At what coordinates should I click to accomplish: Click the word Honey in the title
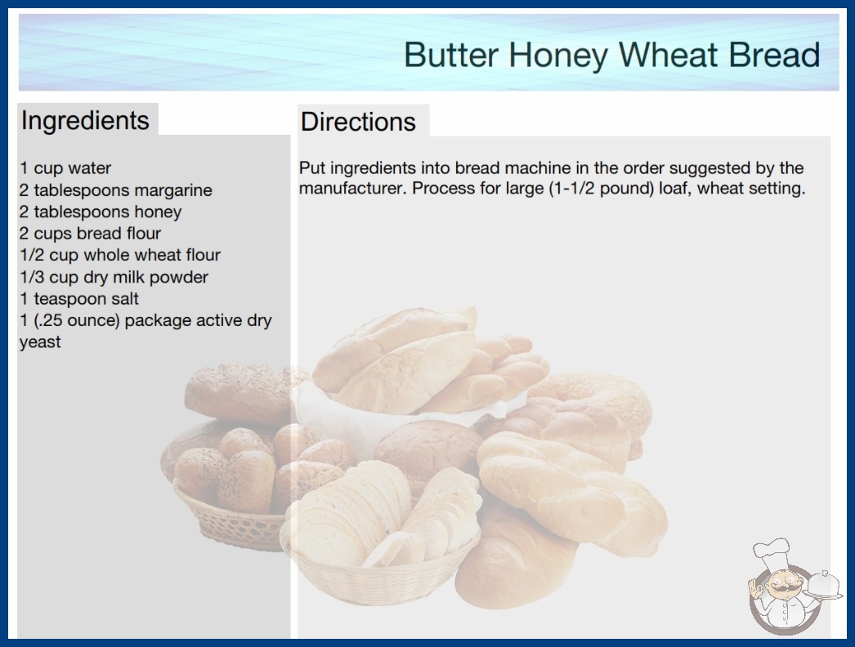click(x=558, y=56)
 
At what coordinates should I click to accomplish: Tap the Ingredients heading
click(x=85, y=121)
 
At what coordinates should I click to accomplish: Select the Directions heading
click(x=358, y=122)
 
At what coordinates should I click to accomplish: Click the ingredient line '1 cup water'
click(x=65, y=168)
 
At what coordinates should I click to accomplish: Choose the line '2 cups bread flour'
click(x=90, y=234)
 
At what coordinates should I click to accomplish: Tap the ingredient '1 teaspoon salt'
click(x=79, y=299)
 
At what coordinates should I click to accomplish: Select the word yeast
click(x=40, y=343)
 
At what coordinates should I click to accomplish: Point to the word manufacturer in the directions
click(x=352, y=189)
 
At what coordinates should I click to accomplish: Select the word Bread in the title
click(x=774, y=55)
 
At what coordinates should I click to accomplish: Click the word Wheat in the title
click(x=669, y=55)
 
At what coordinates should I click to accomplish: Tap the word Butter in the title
click(x=451, y=55)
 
